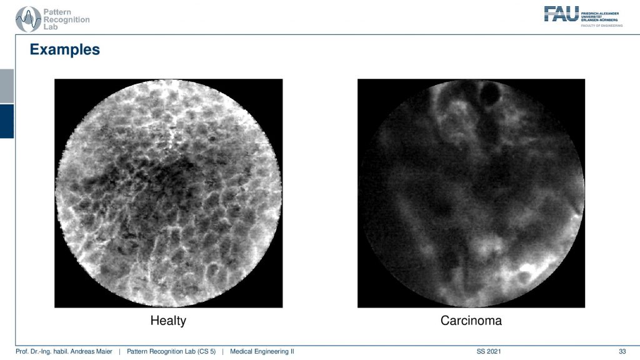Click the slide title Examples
(65, 49)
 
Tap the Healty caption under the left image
(168, 321)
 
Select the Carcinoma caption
(471, 321)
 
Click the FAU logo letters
(561, 14)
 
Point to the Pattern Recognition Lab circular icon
(27, 19)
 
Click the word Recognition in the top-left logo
(66, 19)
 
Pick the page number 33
(622, 351)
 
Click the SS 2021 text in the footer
(489, 351)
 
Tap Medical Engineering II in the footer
(262, 351)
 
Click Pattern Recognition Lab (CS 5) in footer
(171, 351)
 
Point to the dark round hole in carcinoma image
(489, 94)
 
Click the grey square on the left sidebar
(7, 86)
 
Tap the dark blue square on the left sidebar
(7, 121)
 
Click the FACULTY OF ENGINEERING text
(602, 26)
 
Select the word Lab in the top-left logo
(51, 27)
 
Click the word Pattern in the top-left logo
(57, 12)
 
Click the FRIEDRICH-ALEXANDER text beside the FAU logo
(600, 14)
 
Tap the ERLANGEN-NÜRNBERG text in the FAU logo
(599, 19)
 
